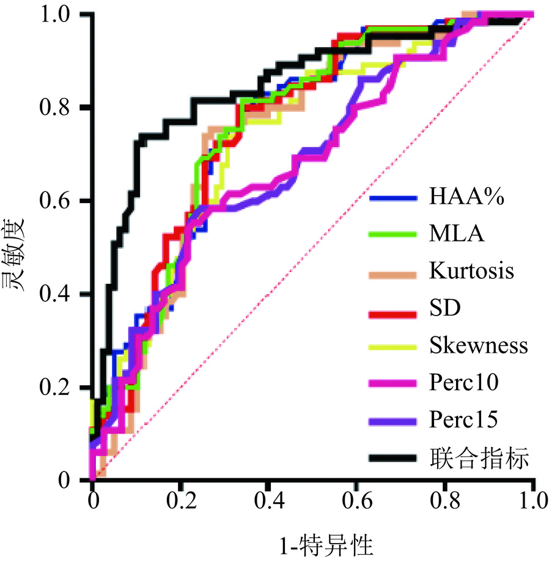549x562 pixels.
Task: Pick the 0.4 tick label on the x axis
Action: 268,502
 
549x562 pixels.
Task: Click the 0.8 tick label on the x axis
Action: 445,502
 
